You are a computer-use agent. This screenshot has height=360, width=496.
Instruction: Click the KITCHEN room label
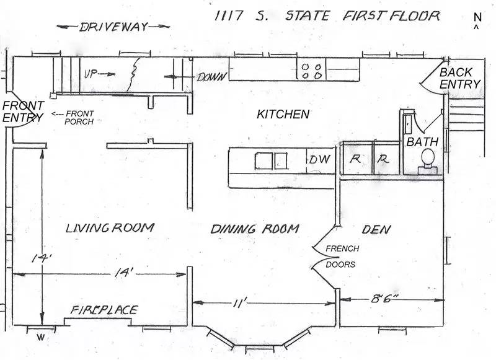pyautogui.click(x=283, y=114)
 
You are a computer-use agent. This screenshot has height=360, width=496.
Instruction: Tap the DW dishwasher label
pyautogui.click(x=320, y=159)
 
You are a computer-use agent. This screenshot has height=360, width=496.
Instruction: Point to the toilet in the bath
pyautogui.click(x=427, y=162)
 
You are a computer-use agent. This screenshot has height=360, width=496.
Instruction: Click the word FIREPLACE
pyautogui.click(x=104, y=310)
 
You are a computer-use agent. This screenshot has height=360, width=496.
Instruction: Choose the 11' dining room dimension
pyautogui.click(x=239, y=304)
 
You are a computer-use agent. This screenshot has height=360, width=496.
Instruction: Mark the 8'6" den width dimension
pyautogui.click(x=384, y=299)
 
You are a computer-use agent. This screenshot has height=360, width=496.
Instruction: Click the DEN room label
pyautogui.click(x=376, y=229)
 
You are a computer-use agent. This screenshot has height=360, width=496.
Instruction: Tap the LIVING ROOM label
pyautogui.click(x=110, y=228)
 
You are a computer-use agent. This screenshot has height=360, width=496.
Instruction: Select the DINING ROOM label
pyautogui.click(x=255, y=229)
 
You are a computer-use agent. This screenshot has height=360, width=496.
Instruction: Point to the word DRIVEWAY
pyautogui.click(x=113, y=27)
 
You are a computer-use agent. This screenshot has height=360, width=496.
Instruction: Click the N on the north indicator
pyautogui.click(x=477, y=17)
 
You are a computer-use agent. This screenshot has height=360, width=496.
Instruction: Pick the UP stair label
pyautogui.click(x=91, y=74)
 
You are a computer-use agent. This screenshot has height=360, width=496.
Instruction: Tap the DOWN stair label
pyautogui.click(x=212, y=77)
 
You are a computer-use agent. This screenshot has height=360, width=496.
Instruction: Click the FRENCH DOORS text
pyautogui.click(x=342, y=257)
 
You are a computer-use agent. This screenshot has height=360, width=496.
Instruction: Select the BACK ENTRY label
pyautogui.click(x=460, y=79)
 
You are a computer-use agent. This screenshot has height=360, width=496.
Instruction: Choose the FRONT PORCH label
pyautogui.click(x=79, y=118)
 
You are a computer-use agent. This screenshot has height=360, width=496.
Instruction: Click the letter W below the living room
pyautogui.click(x=40, y=338)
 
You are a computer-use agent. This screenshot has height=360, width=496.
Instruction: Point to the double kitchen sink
pyautogui.click(x=271, y=161)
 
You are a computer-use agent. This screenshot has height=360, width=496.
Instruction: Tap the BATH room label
pyautogui.click(x=422, y=142)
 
